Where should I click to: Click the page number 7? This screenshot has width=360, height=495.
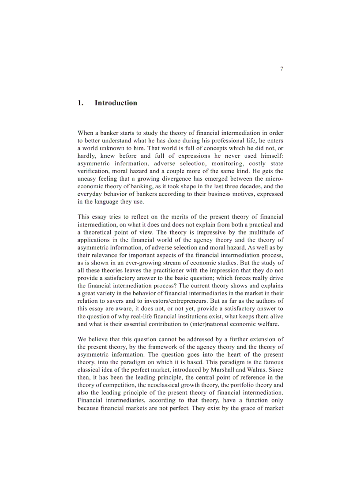(281, 69)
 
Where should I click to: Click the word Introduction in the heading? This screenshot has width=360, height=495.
(116, 103)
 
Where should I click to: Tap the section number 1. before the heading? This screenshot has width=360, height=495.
(80, 103)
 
